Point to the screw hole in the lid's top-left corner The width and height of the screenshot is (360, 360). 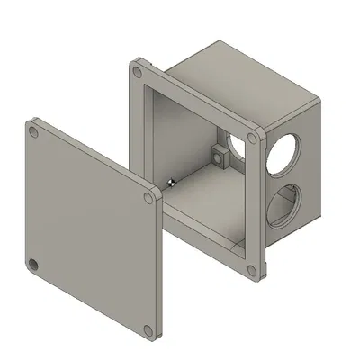click(34, 132)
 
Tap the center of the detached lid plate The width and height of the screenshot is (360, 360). click(90, 229)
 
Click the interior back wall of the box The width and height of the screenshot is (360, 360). click(193, 135)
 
